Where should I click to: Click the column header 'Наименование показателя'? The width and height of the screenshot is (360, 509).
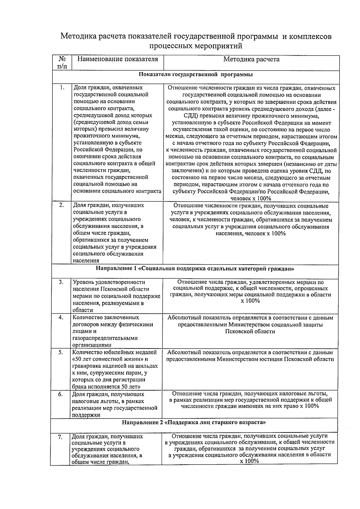coord(118,59)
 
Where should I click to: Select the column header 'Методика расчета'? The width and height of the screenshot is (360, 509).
coord(251,59)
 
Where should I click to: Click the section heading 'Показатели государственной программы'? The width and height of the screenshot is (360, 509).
coord(196,74)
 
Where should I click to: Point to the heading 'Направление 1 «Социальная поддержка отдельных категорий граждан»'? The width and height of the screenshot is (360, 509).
coord(195,269)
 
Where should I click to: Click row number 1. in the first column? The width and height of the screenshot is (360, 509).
coord(62,88)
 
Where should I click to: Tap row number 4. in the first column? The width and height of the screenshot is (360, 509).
coord(61,317)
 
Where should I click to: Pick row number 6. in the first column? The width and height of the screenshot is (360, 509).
coord(60,394)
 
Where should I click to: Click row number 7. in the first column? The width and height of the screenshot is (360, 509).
coord(60,437)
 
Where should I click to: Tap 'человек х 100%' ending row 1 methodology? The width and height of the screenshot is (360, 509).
coord(251,198)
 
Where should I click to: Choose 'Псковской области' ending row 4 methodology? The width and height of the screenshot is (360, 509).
coord(250,331)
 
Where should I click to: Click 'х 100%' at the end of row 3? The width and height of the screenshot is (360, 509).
coord(250,301)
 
